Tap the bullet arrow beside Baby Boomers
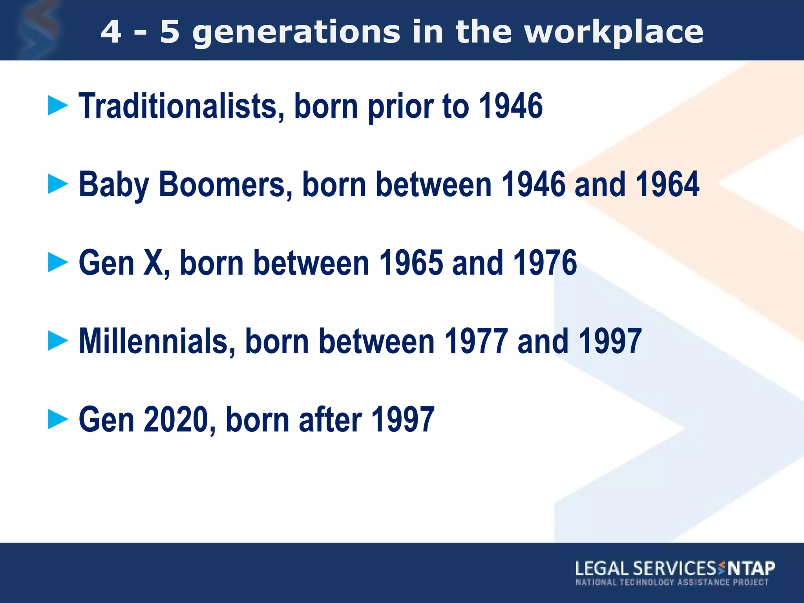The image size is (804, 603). click(x=58, y=184)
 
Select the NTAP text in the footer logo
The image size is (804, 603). click(x=751, y=568)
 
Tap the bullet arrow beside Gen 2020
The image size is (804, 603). click(x=58, y=419)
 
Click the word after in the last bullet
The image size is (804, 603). click(x=330, y=420)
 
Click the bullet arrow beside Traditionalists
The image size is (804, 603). click(x=58, y=106)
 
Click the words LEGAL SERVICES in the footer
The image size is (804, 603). click(x=646, y=568)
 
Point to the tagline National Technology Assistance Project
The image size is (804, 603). click(x=672, y=582)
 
